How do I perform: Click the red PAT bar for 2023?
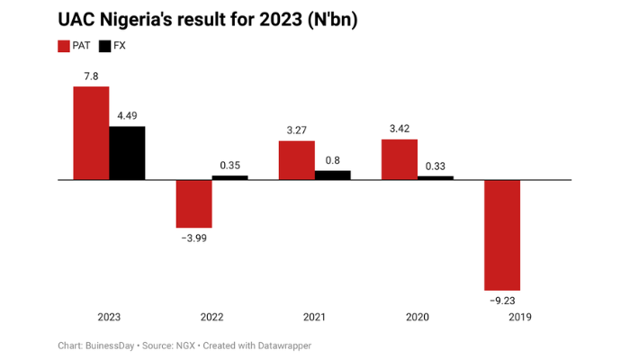[91, 133]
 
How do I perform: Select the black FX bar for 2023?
[127, 153]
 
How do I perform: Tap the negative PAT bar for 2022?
[193, 203]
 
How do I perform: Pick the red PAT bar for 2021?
[296, 160]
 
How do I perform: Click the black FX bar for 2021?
[332, 175]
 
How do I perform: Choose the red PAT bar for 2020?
[399, 159]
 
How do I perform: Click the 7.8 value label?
[91, 76]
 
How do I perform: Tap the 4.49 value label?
[127, 115]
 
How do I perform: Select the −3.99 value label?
[193, 238]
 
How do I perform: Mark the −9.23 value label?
[501, 301]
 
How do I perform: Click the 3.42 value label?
[399, 129]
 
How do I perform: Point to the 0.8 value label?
[332, 160]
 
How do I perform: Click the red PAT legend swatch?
[64, 46]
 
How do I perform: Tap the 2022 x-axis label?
[211, 318]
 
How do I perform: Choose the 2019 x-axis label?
[519, 318]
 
